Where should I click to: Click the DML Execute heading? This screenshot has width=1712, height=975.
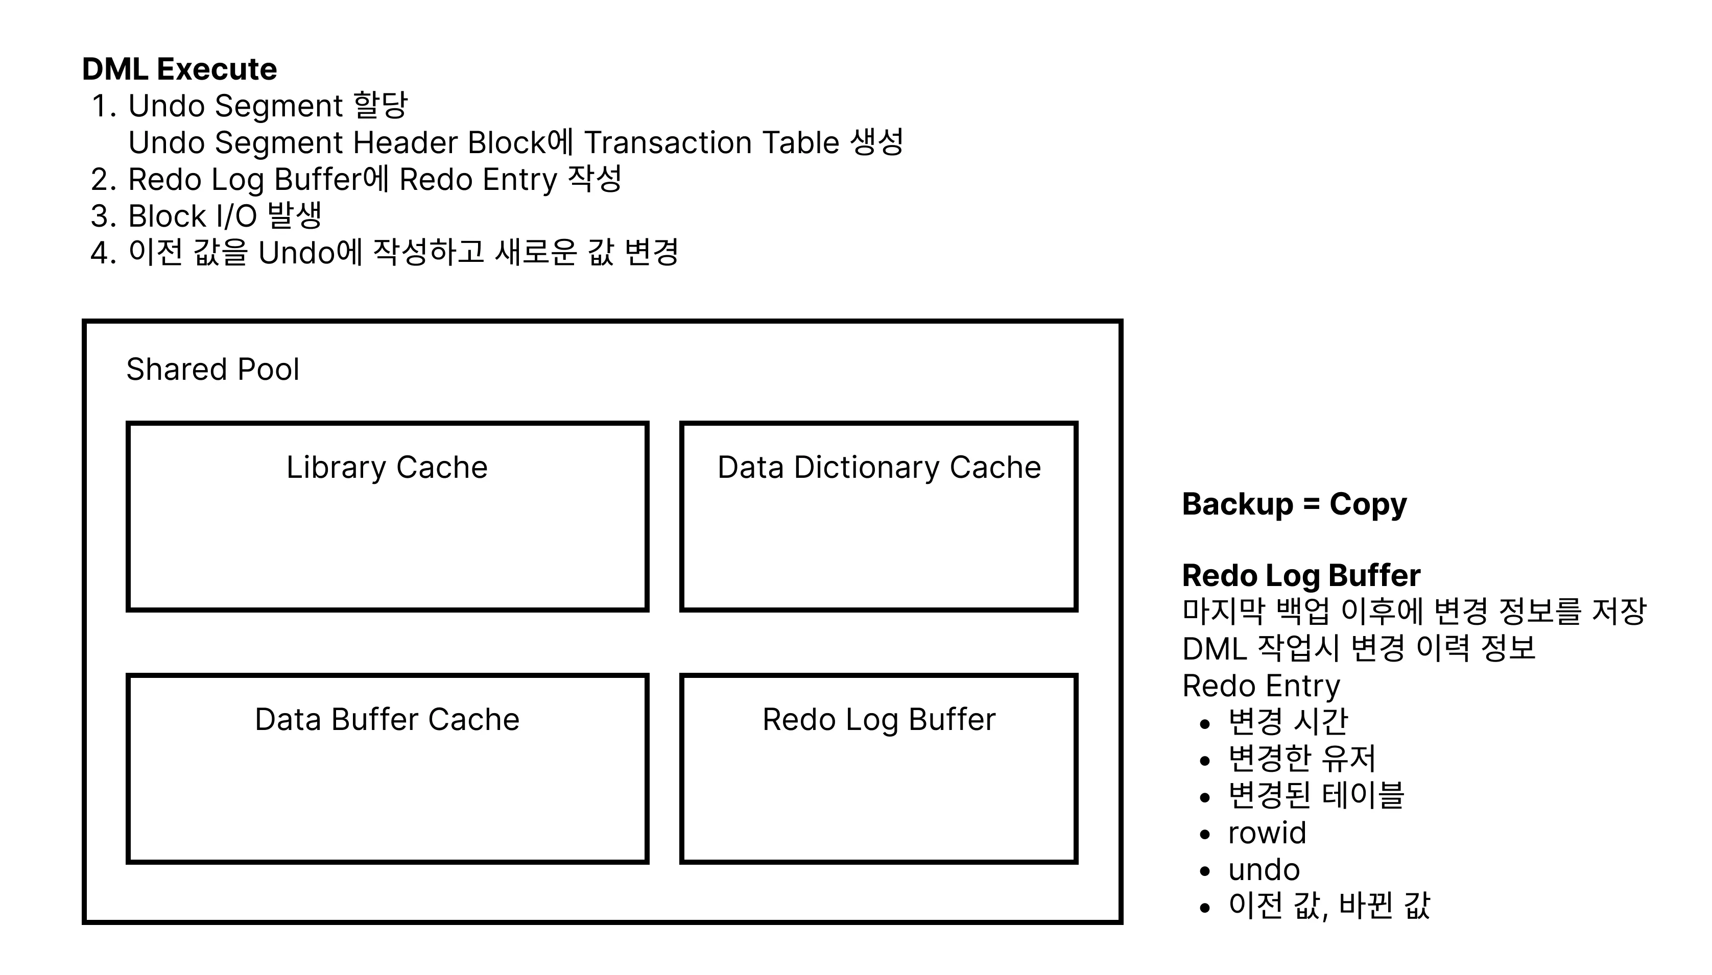[179, 69]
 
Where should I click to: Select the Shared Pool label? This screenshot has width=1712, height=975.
[212, 369]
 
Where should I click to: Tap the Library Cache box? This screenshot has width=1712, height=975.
[387, 516]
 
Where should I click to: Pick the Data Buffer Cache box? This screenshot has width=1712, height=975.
[387, 768]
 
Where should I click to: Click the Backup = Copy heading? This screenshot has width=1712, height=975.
[1294, 503]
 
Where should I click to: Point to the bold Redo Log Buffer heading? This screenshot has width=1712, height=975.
[1301, 575]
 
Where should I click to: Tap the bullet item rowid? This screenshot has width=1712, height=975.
[1267, 833]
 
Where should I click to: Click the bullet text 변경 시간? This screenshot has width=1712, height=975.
[1288, 721]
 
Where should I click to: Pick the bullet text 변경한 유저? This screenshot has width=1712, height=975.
[1301, 758]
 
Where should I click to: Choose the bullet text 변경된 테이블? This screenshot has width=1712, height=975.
[1316, 795]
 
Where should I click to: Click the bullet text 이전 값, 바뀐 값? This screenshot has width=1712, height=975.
[1329, 906]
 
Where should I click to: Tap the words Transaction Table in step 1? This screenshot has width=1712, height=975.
[711, 142]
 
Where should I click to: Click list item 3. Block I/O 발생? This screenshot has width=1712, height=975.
[206, 215]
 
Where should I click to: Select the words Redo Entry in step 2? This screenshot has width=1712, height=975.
[478, 180]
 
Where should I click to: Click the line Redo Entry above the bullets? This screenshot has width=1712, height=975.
[1261, 686]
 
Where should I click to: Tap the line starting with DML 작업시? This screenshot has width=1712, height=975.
[1359, 648]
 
